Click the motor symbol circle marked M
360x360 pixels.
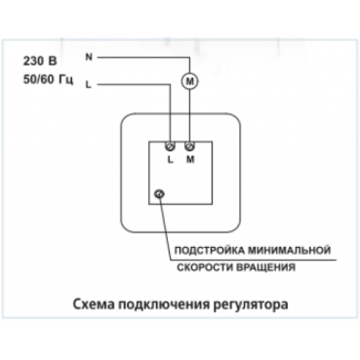pos(189,81)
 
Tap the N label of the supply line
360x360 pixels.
pos(89,57)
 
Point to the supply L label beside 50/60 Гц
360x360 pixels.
pos(89,84)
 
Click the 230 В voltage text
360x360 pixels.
pos(40,61)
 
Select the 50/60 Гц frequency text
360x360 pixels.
pos(48,79)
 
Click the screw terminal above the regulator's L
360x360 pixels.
pos(170,146)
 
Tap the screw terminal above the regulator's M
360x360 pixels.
pos(189,146)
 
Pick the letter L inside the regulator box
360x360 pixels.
pos(170,160)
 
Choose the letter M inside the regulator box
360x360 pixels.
pos(190,160)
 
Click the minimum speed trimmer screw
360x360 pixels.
pos(159,194)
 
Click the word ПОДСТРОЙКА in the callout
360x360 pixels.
pos(210,251)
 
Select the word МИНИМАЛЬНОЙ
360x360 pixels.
pos(289,250)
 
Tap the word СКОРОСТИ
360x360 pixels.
pos(205,267)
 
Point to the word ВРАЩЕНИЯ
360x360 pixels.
pos(266,267)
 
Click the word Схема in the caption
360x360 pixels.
pos(94,305)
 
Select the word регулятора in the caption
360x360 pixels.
pos(251,305)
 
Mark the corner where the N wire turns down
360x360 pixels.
pos(189,58)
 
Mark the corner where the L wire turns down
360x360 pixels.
pos(170,84)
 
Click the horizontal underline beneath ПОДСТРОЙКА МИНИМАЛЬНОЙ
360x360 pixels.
pos(253,260)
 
